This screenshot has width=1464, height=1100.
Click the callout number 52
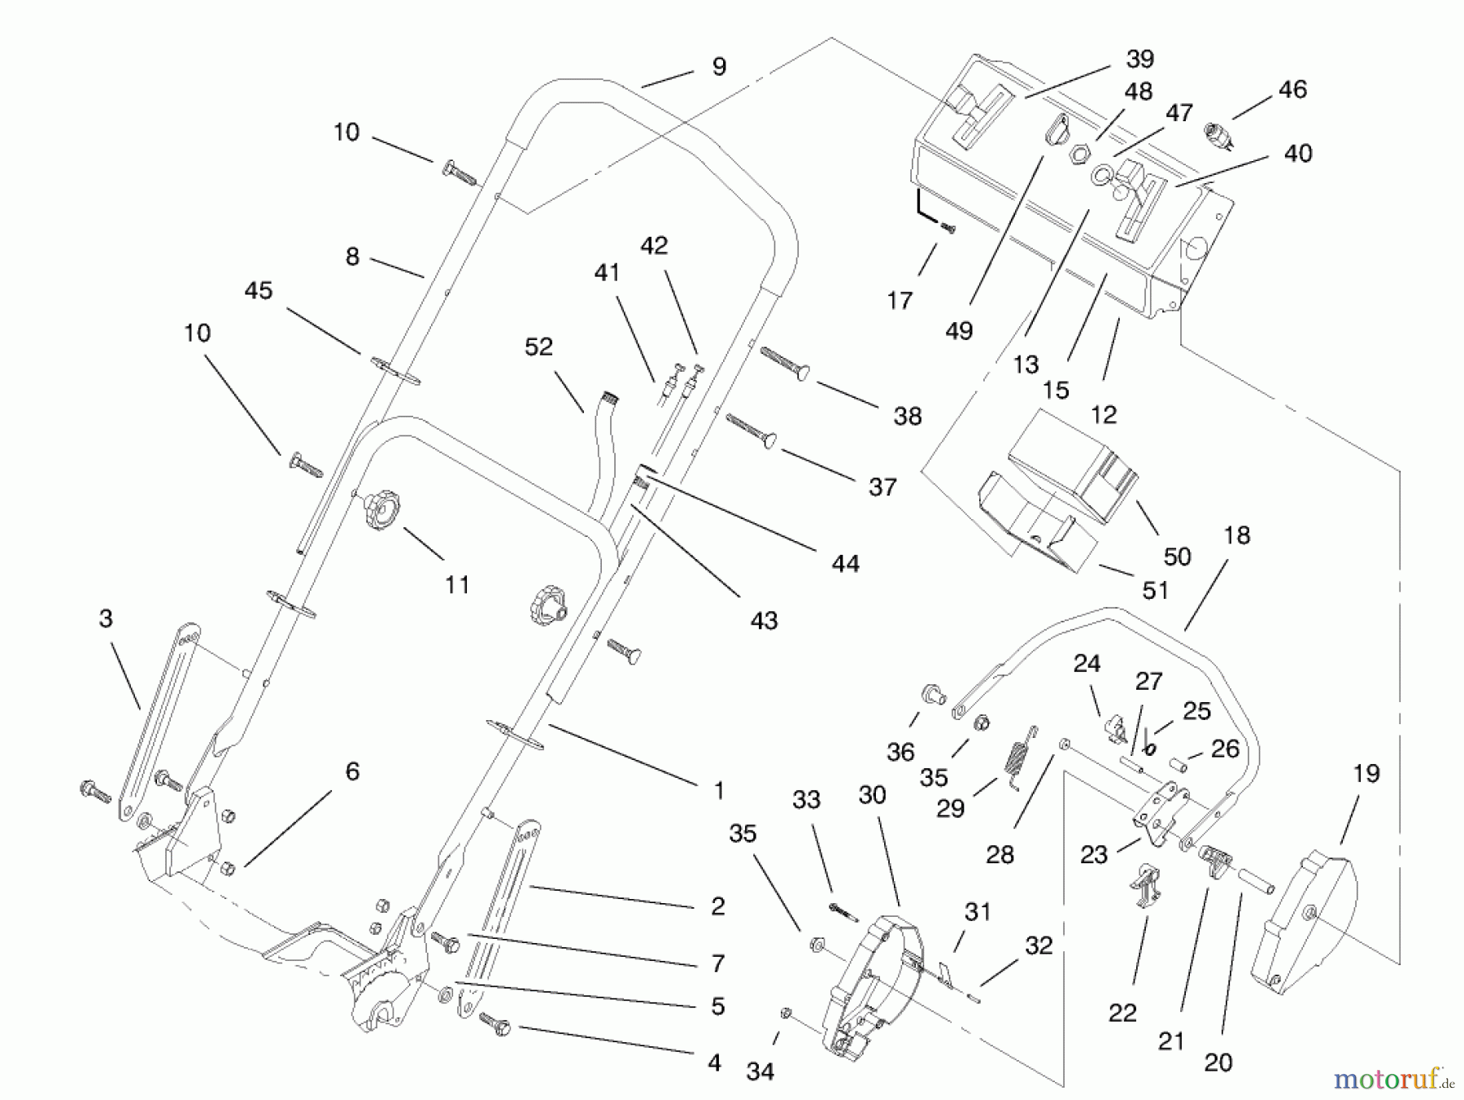pos(538,347)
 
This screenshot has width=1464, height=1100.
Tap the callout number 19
pos(1366,774)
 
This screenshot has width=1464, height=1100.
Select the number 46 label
pos(1292,89)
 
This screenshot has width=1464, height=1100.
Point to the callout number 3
pos(106,619)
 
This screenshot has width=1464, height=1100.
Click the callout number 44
pos(845,563)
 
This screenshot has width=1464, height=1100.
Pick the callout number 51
pos(1155,591)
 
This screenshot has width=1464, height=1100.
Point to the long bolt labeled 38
pos(785,364)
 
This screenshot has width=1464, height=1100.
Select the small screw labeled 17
pos(947,229)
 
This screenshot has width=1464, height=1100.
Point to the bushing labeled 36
pos(931,693)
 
